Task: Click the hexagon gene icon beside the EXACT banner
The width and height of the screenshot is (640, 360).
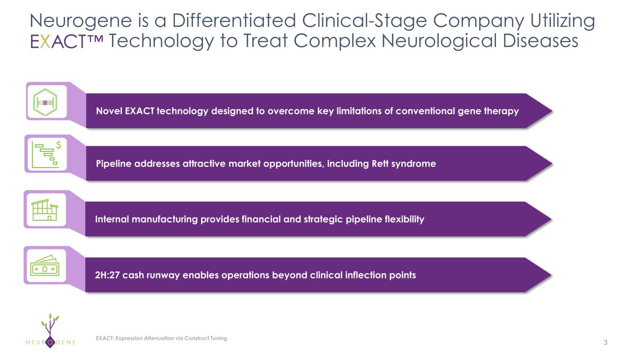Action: tap(45, 102)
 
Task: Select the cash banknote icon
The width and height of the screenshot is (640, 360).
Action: tap(45, 266)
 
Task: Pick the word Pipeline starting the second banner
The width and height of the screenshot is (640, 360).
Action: tap(113, 164)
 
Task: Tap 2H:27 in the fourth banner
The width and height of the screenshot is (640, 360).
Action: tap(107, 275)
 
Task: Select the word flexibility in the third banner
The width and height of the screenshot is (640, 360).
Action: tap(403, 219)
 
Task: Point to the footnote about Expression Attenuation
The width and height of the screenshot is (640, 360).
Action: tap(161, 338)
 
